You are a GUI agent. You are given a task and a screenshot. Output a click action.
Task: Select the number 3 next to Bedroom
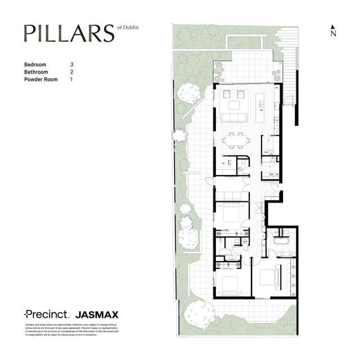(x=72, y=65)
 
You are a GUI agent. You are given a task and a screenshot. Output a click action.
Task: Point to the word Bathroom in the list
(x=35, y=72)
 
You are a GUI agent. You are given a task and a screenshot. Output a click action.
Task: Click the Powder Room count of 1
(x=72, y=80)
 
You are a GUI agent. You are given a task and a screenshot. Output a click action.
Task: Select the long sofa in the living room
(x=235, y=118)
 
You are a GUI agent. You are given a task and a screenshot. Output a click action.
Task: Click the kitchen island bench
(x=261, y=106)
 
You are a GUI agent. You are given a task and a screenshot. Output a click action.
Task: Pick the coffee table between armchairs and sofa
(x=235, y=105)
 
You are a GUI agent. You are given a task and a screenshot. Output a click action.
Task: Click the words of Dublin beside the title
(x=129, y=27)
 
